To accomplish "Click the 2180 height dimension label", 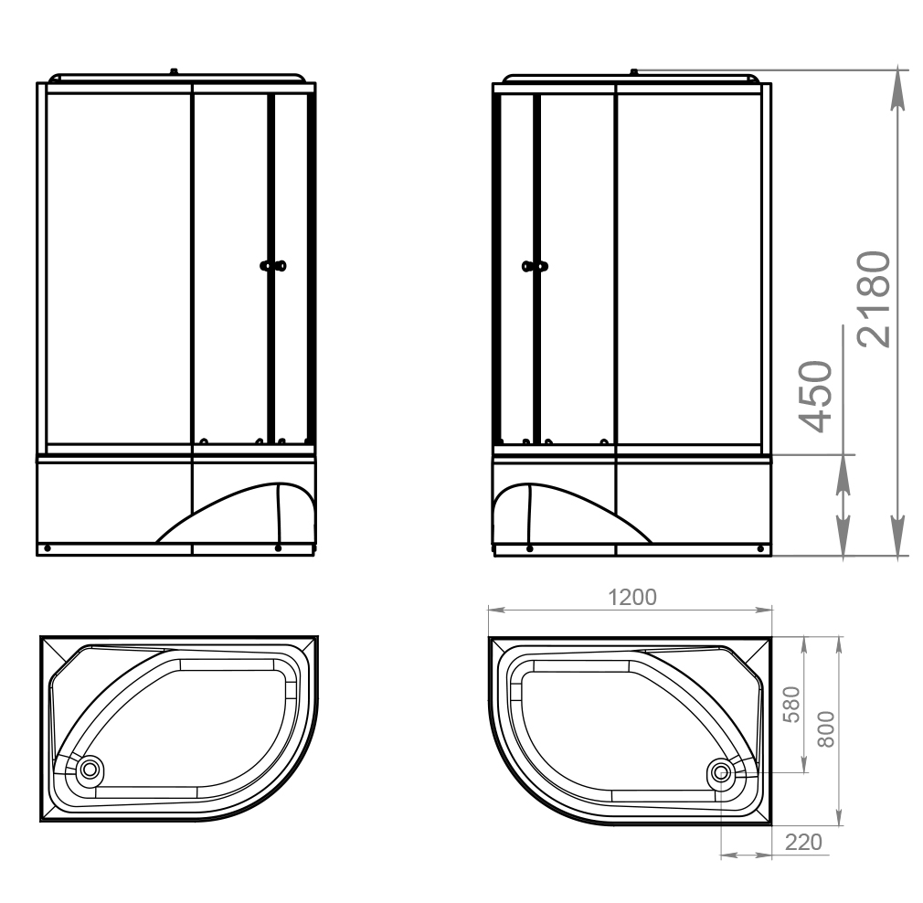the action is [x=874, y=299].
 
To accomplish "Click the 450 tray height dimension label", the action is [x=815, y=396].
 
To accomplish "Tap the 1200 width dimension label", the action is [x=631, y=597].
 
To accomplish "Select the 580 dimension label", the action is [x=791, y=705].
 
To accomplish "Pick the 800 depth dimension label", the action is [x=826, y=729].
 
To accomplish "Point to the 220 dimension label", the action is [x=803, y=843].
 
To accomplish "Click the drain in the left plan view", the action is [x=90, y=769].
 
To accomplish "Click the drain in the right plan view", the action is [x=721, y=771].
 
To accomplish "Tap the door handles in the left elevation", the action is [x=273, y=266].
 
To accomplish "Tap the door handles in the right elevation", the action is [x=536, y=267].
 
